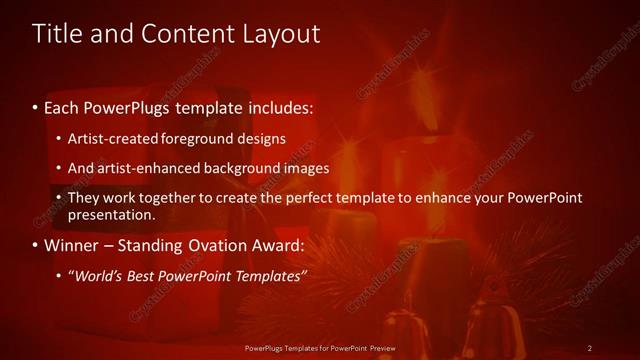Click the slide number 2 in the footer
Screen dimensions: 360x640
[590, 347]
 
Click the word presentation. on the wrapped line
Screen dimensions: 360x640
[112, 214]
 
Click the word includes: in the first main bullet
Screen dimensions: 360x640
[282, 106]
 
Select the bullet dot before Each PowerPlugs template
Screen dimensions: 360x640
[35, 107]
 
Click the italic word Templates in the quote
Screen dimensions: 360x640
[267, 275]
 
